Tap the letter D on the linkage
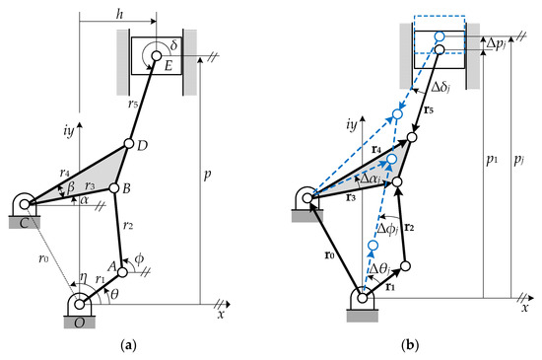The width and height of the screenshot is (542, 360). tap(143, 147)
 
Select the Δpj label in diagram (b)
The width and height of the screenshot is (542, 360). tap(502, 43)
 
